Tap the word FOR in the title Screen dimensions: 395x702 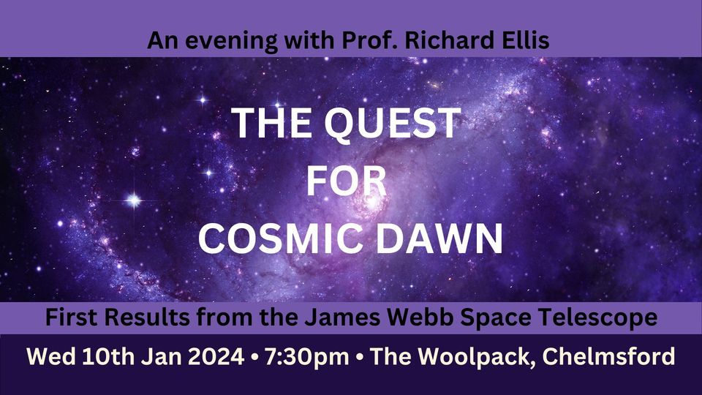pyautogui.click(x=345, y=181)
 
